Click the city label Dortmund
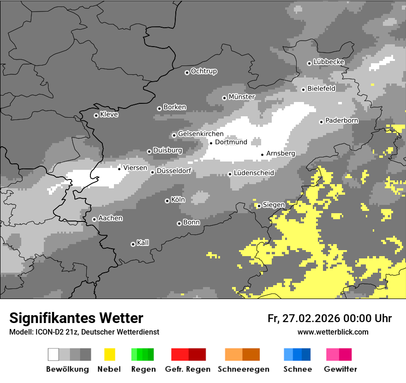coord(231,142)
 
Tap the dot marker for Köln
coord(167,201)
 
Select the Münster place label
coord(242,97)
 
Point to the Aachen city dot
coord(94,219)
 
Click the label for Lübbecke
coord(329,62)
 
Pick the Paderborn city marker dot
coord(321,122)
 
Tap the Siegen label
coord(274,205)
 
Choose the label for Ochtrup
coord(204,72)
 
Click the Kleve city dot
coord(96,115)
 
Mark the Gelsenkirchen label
coord(201,134)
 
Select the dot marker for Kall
coord(133,244)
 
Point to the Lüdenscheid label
coord(254,173)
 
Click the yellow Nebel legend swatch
coord(109,354)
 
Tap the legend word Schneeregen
coord(243,369)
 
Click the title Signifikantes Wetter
coord(76,318)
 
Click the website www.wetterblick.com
coord(333,332)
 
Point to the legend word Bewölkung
coord(67,369)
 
